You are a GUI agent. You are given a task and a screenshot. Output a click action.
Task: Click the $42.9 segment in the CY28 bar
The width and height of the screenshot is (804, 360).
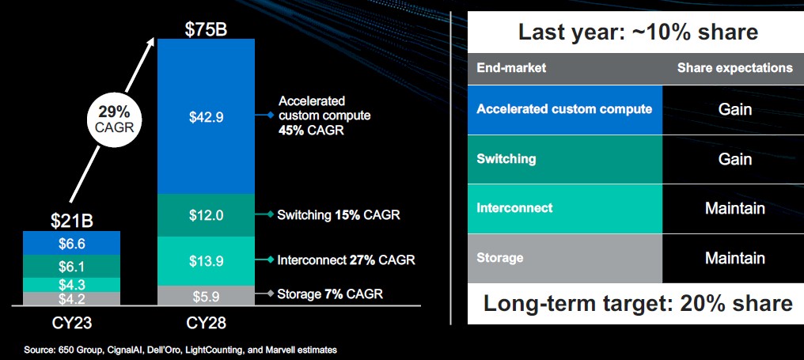tap(206, 116)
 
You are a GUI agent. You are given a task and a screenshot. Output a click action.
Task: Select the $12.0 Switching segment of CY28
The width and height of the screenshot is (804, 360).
tap(206, 215)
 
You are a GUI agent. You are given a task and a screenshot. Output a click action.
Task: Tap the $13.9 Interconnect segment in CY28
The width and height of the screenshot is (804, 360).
tap(206, 261)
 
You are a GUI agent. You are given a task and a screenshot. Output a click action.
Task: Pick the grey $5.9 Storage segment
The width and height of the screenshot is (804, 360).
tap(206, 296)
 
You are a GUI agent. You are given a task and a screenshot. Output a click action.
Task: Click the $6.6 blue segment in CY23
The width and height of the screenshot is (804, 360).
tap(72, 243)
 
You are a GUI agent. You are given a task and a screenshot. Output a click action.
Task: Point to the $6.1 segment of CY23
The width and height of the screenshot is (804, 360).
tap(72, 266)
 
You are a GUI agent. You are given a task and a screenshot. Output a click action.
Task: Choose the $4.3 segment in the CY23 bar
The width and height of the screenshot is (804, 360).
tap(72, 285)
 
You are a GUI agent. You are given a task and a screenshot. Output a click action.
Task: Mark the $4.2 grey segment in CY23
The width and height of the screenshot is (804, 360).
tap(72, 299)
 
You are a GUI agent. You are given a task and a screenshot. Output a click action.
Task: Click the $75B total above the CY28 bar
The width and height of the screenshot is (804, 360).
tap(206, 29)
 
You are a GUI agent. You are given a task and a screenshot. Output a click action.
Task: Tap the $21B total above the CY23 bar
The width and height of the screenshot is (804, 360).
tap(72, 221)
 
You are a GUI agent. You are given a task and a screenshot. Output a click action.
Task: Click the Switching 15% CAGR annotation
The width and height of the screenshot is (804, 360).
tap(339, 215)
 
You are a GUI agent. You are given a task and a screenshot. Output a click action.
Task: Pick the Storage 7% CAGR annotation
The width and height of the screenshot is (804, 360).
tap(330, 294)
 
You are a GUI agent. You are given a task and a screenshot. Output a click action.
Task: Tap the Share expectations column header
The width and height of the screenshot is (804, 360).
tap(735, 68)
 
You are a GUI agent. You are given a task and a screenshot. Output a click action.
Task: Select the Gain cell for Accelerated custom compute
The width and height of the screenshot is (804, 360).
tap(735, 109)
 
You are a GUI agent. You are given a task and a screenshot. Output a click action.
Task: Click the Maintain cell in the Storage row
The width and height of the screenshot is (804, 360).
tap(735, 258)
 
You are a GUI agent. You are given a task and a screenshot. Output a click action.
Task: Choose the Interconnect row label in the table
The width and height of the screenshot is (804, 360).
tap(515, 208)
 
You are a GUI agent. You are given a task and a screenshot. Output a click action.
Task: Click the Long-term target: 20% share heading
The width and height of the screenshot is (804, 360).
tap(638, 304)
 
